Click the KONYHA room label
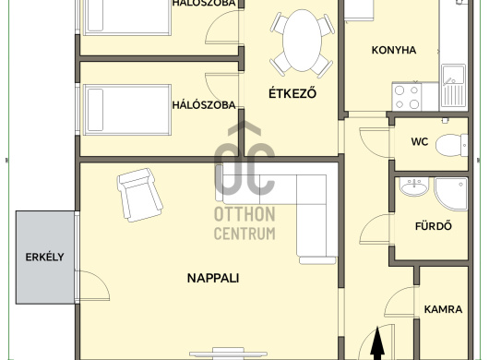(x=394, y=50)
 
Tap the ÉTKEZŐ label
(x=292, y=93)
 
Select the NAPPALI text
(x=213, y=278)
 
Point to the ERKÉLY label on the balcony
(x=44, y=257)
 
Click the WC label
(x=420, y=141)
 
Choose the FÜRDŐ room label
(x=434, y=225)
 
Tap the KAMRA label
(x=443, y=309)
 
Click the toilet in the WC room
(x=451, y=145)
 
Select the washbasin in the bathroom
(x=414, y=186)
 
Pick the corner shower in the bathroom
(x=451, y=194)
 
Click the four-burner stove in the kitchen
(x=407, y=96)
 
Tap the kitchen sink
(x=453, y=87)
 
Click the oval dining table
(x=302, y=41)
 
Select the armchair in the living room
(x=139, y=195)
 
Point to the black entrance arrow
(x=377, y=343)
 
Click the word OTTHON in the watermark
(x=244, y=214)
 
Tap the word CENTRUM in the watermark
(x=244, y=234)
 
